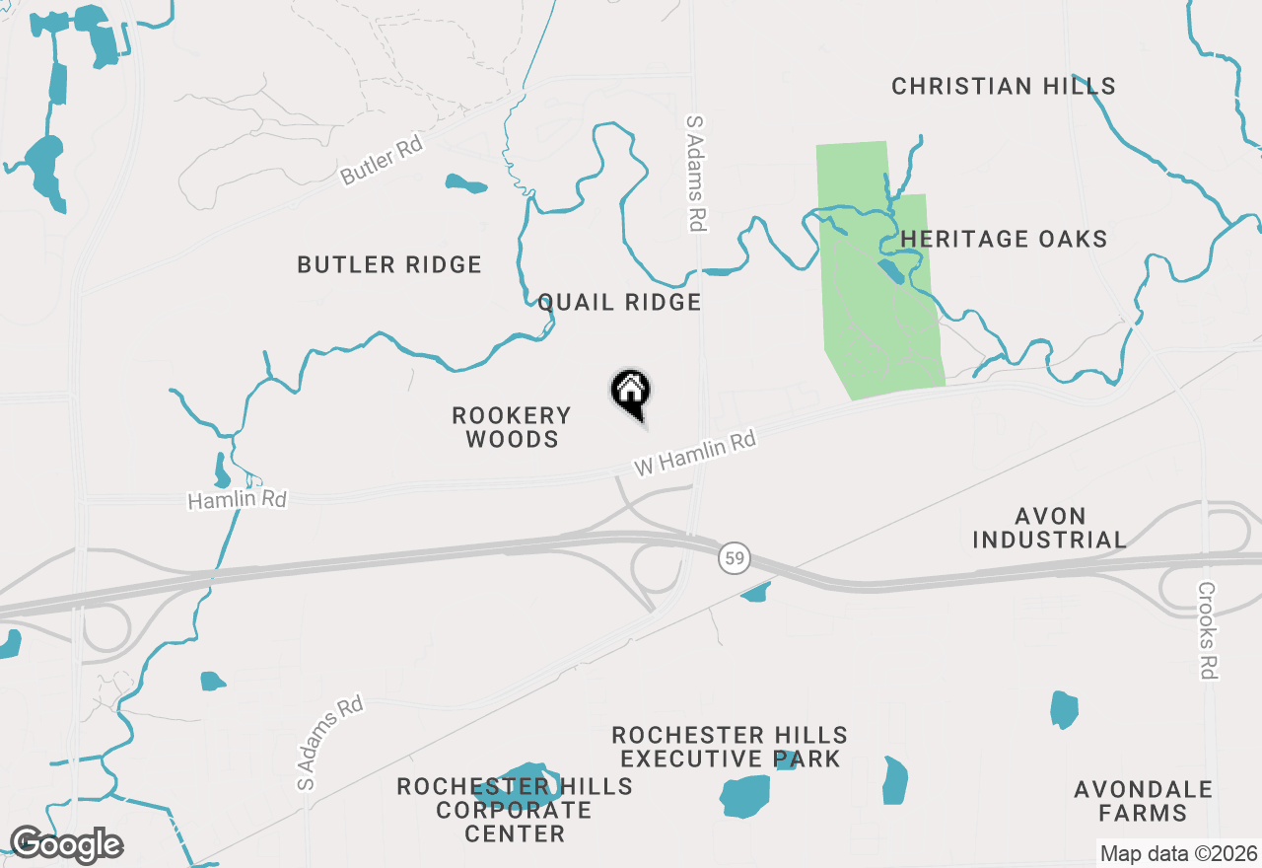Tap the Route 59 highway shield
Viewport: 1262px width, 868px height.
click(x=733, y=559)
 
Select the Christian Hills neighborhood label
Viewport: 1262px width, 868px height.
click(x=1004, y=87)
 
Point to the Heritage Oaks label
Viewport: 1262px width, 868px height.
click(x=1004, y=239)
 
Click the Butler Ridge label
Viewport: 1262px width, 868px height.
click(x=389, y=264)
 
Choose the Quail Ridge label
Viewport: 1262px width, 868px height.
click(x=619, y=302)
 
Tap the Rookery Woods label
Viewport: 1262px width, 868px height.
click(x=512, y=427)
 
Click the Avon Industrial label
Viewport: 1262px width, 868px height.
click(x=1049, y=528)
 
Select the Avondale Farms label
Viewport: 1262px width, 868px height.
click(x=1144, y=801)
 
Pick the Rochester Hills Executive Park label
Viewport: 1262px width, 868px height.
click(x=730, y=747)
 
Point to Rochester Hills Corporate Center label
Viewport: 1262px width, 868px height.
click(x=515, y=810)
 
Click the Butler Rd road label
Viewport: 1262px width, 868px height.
click(x=381, y=161)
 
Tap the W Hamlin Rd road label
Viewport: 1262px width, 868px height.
click(x=695, y=453)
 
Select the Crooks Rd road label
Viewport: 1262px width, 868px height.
click(x=1209, y=629)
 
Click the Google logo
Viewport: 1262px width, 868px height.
click(x=66, y=845)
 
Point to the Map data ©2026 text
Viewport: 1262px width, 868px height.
click(x=1178, y=853)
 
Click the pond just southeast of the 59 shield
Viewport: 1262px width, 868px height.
click(x=756, y=592)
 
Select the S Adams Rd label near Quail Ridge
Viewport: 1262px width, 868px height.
click(x=697, y=173)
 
